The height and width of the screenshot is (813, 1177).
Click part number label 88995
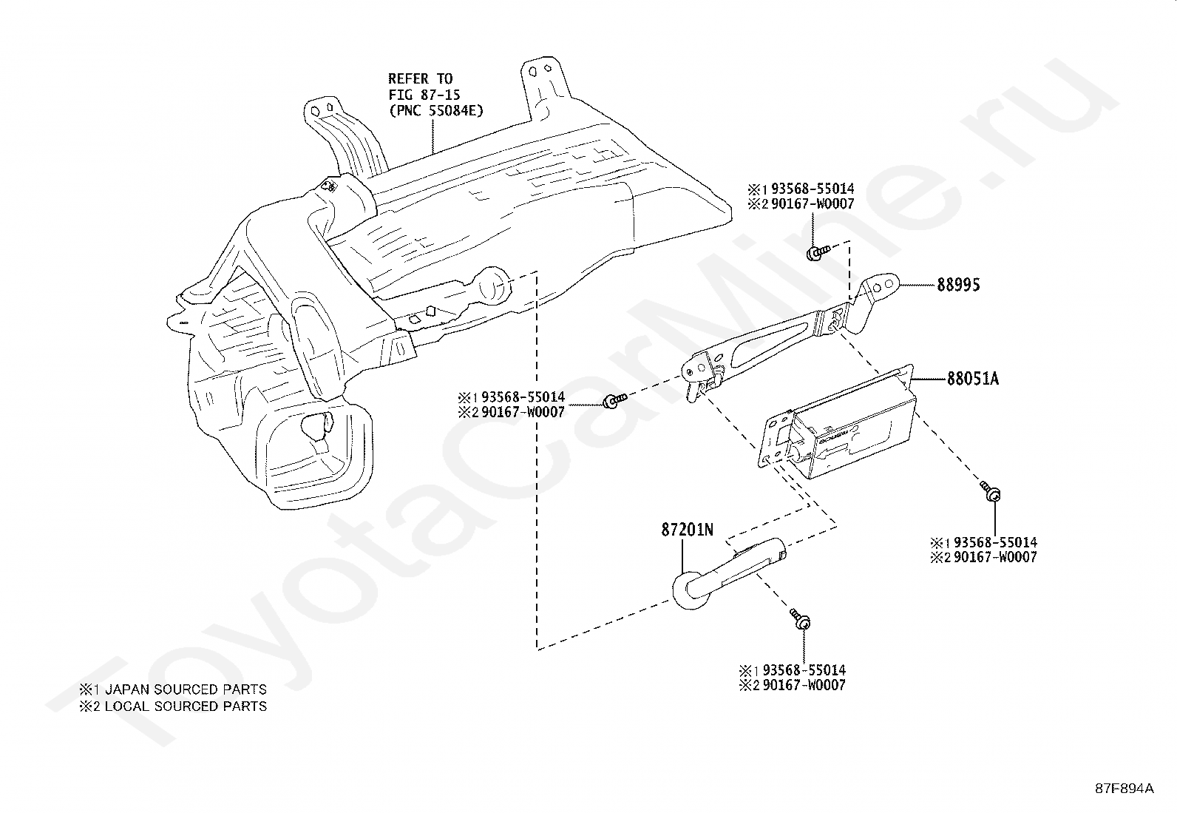pos(958,284)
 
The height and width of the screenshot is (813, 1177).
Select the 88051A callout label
pos(973,379)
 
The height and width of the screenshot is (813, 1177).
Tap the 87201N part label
pos(688,530)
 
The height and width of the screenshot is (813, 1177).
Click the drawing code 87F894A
pos(1124,789)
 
